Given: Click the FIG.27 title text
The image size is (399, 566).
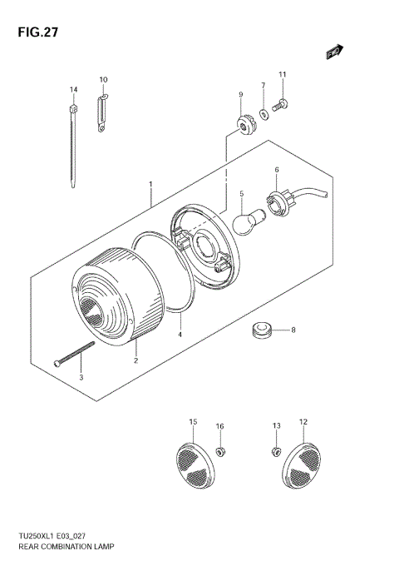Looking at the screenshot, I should click(34, 33).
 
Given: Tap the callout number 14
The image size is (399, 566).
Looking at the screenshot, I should click(73, 89).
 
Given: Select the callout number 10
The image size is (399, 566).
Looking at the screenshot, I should click(104, 80).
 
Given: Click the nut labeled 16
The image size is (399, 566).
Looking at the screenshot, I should click(221, 451).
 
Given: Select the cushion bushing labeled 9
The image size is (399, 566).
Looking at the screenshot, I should click(243, 127).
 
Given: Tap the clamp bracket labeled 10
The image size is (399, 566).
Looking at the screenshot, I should click(103, 113).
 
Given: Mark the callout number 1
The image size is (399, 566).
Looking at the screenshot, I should click(150, 183).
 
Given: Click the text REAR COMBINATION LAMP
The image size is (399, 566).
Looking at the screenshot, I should click(66, 549).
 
